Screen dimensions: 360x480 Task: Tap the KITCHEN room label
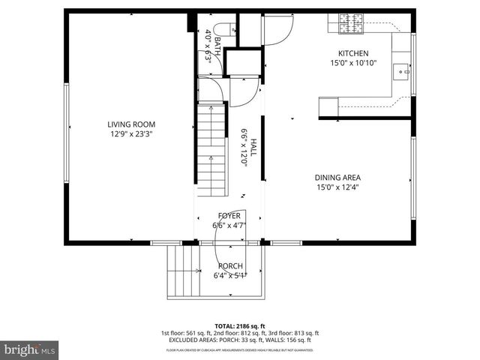click(x=353, y=53)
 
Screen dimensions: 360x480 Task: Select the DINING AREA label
click(x=338, y=178)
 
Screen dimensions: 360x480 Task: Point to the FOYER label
click(x=229, y=216)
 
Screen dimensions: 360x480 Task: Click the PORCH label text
click(x=229, y=266)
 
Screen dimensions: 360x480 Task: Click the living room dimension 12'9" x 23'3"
click(x=135, y=134)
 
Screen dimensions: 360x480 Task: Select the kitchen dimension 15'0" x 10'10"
click(x=353, y=63)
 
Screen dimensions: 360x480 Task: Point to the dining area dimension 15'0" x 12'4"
click(x=338, y=187)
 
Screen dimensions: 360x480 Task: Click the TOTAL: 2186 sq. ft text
click(x=240, y=325)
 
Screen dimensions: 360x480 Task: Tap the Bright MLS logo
click(x=30, y=349)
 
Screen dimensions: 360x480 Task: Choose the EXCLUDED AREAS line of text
click(x=240, y=341)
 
